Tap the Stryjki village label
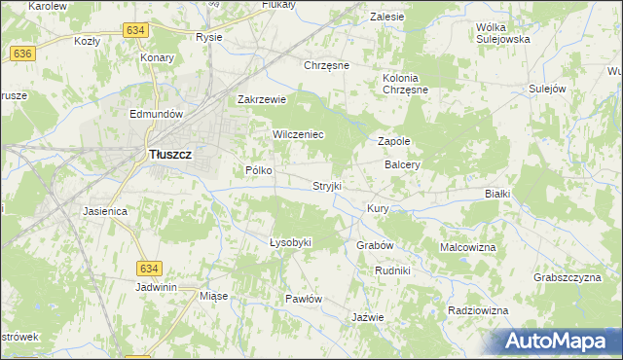327,185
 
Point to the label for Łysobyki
289,242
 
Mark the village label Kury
378,209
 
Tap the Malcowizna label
468,247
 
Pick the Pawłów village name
303,299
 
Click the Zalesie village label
387,17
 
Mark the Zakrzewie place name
262,99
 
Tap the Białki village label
497,194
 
